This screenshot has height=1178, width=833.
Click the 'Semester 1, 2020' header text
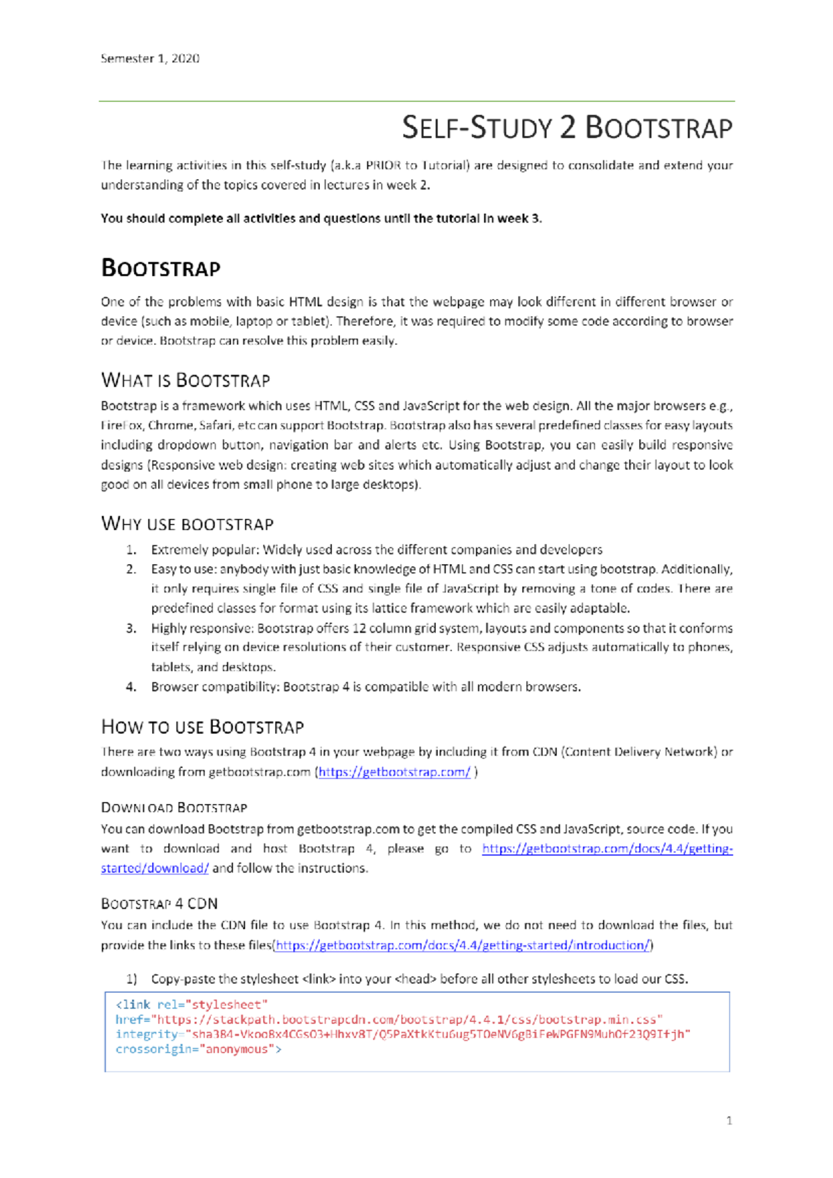pos(150,59)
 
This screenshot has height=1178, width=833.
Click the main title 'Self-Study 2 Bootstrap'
pos(566,128)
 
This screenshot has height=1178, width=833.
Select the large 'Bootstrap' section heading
pos(160,268)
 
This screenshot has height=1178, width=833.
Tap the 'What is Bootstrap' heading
pos(185,380)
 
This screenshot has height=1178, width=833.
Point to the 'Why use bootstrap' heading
pos(187,524)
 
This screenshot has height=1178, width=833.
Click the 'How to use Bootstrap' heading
pos(202,727)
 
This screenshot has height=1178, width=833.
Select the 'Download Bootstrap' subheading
pos(174,808)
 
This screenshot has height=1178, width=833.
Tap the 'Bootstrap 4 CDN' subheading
pos(159,904)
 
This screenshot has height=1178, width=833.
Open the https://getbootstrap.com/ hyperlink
pos(394,772)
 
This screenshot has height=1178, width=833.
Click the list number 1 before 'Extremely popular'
pos(131,550)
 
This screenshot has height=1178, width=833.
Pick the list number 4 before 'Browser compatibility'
pos(131,687)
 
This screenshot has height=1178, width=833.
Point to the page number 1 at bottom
pos(729,1120)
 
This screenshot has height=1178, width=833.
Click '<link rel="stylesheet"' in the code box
pos(191,1005)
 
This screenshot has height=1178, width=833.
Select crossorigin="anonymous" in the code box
pos(198,1049)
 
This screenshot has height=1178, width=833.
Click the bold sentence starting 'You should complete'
pos(321,219)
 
